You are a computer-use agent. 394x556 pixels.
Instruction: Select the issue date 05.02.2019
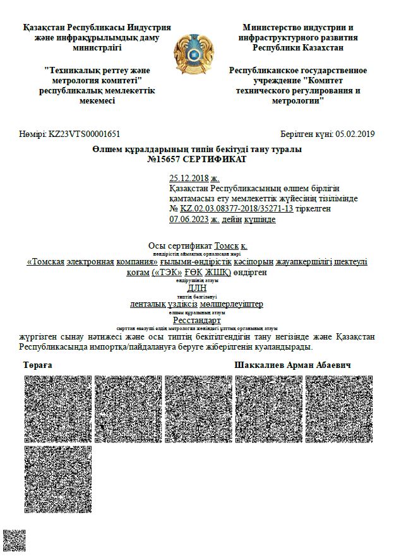355,134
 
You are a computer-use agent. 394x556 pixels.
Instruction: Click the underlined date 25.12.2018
189,179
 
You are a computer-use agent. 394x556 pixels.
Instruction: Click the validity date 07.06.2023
189,219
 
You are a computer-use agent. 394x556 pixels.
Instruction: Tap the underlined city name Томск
226,245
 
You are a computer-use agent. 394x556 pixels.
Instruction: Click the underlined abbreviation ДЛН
197,287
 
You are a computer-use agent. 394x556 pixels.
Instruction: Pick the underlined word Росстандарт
197,320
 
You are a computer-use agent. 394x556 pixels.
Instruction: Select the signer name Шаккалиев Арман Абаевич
293,366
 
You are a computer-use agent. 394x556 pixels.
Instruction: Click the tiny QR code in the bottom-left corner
13,540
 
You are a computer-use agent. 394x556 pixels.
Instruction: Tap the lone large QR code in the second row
58,479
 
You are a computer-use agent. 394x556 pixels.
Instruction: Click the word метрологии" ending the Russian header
298,100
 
